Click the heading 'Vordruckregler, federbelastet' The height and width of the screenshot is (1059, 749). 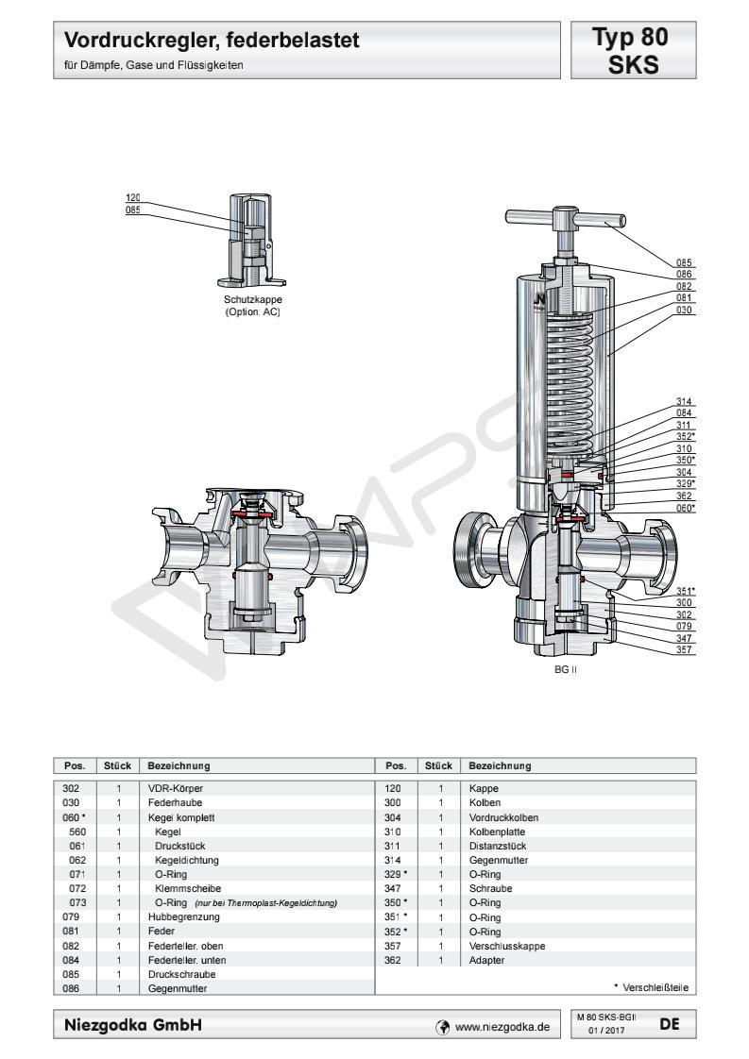(x=212, y=42)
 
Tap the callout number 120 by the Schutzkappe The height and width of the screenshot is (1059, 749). (x=133, y=198)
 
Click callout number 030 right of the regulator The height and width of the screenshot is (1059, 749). (x=685, y=310)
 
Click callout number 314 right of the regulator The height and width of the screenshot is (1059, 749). (x=685, y=401)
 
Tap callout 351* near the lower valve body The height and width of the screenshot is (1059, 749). (x=686, y=592)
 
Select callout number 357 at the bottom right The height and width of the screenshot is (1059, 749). (x=685, y=649)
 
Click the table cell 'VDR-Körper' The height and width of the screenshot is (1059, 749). (x=176, y=787)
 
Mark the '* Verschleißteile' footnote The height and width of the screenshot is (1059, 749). (x=651, y=987)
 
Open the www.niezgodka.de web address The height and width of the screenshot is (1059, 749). (x=502, y=1026)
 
